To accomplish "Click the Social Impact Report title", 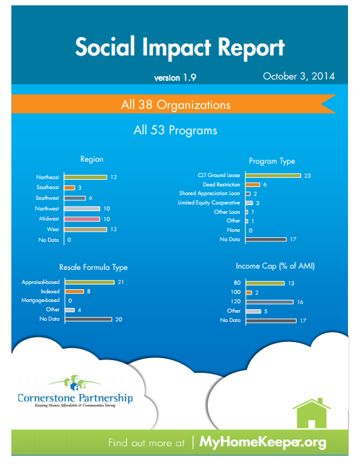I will (180, 47).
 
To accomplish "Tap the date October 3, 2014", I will (299, 76).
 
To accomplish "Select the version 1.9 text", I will (176, 78).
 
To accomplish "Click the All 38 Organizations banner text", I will (176, 105).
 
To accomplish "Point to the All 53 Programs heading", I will (175, 130).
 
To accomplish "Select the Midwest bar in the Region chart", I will (82, 218).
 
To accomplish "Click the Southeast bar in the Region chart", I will (69, 188).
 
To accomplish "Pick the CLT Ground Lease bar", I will (273, 175).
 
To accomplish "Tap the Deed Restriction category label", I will (222, 184).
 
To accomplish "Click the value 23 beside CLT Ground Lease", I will (309, 175).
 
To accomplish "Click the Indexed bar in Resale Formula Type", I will (73, 291).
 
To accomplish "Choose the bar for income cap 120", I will (269, 302).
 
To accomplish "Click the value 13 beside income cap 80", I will (291, 283).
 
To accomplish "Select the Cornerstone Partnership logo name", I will (75, 399).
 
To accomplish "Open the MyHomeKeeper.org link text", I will (269, 442).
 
